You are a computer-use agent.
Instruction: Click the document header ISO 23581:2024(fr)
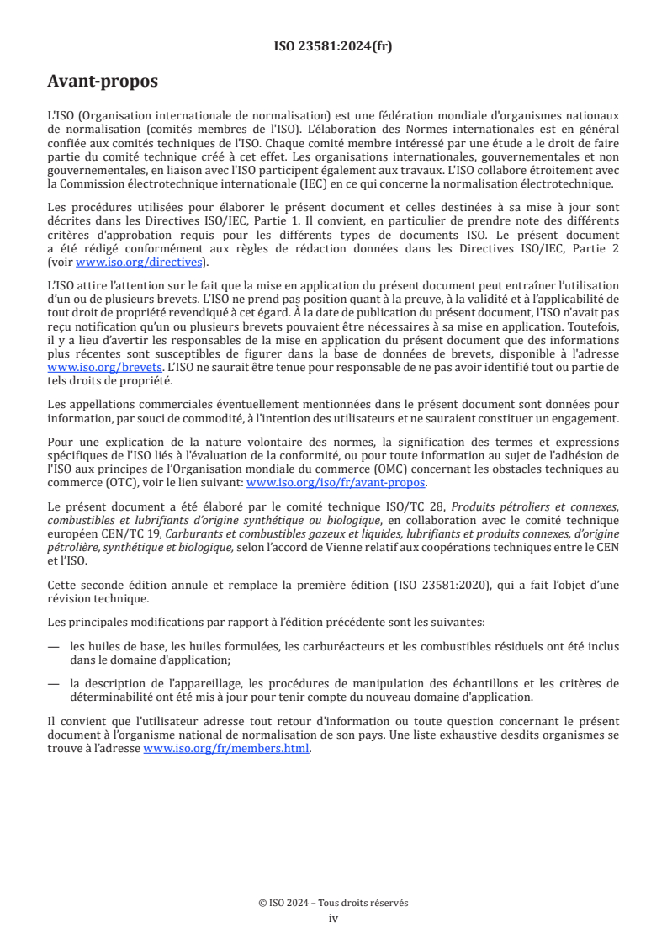point(333,46)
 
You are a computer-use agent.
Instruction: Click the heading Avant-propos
point(103,82)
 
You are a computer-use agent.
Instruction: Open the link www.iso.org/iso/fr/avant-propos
point(336,483)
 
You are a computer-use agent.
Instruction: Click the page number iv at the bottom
point(333,919)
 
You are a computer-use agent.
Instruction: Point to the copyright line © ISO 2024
point(333,903)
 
